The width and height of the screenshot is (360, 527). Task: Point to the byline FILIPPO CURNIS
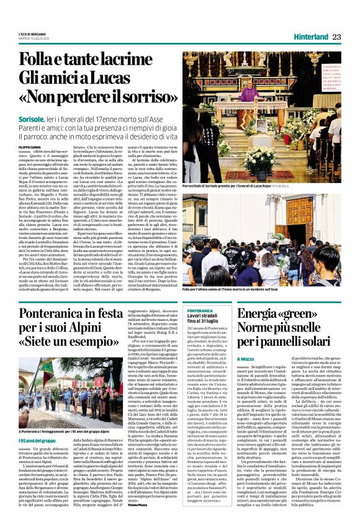click(x=30, y=147)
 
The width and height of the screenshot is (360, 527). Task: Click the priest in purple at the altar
click(x=250, y=93)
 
